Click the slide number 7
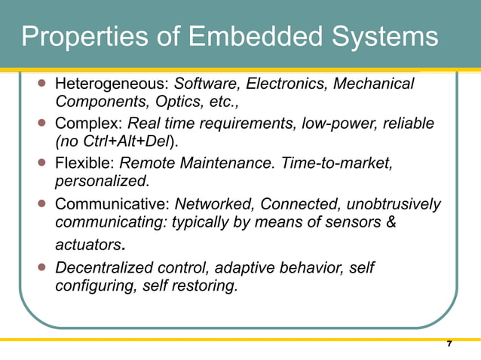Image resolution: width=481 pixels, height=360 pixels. [x=449, y=344]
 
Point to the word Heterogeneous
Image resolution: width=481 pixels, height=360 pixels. [x=112, y=84]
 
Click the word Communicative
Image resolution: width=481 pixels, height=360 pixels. [x=112, y=204]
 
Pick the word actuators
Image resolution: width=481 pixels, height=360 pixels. [x=88, y=245]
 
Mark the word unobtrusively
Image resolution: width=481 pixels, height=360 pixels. [x=398, y=204]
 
